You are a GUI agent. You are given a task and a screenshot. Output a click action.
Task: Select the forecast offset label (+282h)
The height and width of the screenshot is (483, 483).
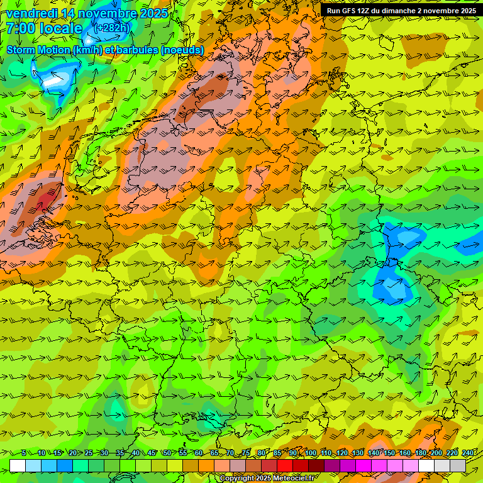click(x=111, y=28)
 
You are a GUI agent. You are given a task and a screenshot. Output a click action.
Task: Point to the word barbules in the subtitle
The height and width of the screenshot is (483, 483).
click(x=136, y=50)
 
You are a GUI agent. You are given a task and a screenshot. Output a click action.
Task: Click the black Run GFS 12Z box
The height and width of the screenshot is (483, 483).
click(x=401, y=11)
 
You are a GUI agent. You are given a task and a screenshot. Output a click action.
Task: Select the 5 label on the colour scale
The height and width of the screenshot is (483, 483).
click(x=24, y=453)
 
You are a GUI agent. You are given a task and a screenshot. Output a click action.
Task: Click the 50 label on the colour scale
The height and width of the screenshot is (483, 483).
click(x=167, y=453)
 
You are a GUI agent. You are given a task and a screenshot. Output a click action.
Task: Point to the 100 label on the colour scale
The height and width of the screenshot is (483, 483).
click(x=310, y=453)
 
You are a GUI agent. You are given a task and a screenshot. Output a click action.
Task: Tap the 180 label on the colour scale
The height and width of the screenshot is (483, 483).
click(x=419, y=453)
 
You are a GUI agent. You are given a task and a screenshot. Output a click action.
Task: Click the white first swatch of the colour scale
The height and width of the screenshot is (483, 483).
click(x=17, y=465)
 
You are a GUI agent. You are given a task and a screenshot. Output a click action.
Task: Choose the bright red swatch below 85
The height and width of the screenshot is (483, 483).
click(x=285, y=465)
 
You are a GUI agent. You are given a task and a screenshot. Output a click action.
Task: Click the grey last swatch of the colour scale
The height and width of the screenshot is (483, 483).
click(x=458, y=465)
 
